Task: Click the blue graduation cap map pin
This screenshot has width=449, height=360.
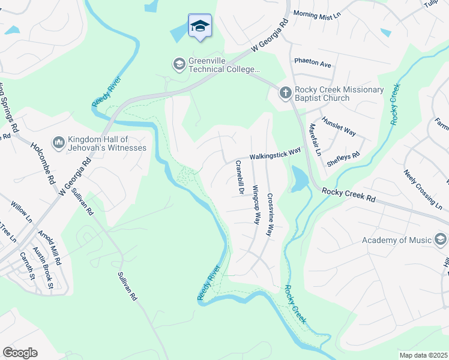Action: (199, 26)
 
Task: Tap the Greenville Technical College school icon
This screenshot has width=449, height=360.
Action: (179, 63)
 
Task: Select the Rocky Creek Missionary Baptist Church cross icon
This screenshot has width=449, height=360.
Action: (285, 92)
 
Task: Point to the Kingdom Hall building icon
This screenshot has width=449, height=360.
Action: (59, 142)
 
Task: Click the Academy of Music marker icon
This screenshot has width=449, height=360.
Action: (441, 241)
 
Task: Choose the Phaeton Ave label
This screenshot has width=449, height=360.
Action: (313, 62)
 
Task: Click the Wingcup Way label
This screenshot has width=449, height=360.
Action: (256, 204)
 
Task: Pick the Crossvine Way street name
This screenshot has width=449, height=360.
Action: (271, 214)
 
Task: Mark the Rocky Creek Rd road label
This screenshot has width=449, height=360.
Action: (348, 194)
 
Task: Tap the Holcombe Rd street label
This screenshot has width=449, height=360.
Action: (43, 163)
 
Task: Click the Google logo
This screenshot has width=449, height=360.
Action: (20, 353)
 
